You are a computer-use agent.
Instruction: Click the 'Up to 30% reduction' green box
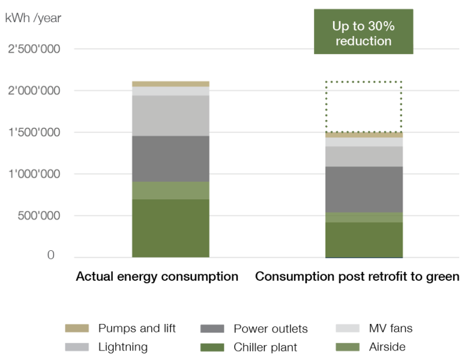click(363, 34)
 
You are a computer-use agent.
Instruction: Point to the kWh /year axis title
click(33, 18)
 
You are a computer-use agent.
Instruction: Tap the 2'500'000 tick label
click(34, 49)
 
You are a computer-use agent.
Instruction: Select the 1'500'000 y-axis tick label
click(34, 132)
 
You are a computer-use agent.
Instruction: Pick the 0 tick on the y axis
click(51, 256)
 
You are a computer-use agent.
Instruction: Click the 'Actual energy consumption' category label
click(157, 277)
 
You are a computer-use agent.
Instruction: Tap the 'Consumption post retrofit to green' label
click(357, 277)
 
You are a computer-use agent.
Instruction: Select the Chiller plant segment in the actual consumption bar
click(170, 228)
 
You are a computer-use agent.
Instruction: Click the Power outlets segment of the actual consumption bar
click(170, 159)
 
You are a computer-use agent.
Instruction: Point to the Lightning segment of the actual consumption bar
click(170, 115)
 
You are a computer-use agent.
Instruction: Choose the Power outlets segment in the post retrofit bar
click(363, 189)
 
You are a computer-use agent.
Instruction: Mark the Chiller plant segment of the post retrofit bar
click(363, 239)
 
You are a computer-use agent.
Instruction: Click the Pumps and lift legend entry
click(120, 328)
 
